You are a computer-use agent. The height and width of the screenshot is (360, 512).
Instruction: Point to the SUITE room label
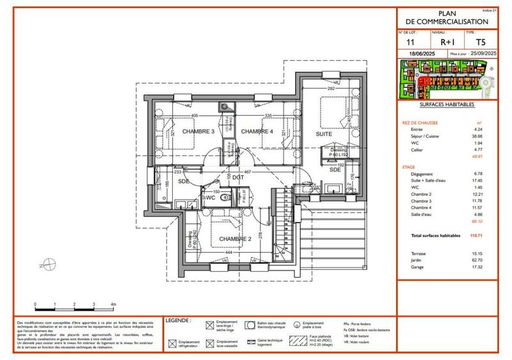click(x=324, y=135)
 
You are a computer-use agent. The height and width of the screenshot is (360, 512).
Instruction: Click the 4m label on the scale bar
click(x=113, y=304)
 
